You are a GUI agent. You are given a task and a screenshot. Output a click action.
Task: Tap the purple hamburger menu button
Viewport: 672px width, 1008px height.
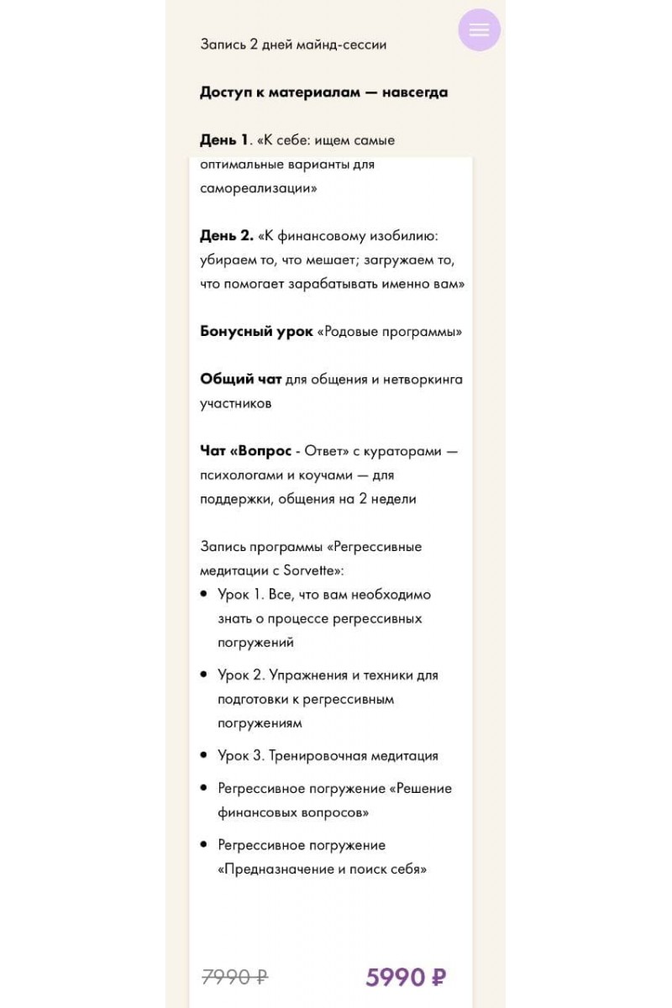(479, 30)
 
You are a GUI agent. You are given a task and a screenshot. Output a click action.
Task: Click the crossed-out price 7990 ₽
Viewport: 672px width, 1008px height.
(235, 977)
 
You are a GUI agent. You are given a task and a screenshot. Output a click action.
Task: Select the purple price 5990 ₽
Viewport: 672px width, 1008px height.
(406, 977)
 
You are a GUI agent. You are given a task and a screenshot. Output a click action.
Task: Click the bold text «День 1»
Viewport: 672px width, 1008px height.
(224, 139)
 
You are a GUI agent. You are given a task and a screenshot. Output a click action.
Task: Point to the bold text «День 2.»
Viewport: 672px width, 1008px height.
(227, 236)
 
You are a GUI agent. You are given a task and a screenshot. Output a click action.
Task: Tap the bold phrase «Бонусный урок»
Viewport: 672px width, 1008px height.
(256, 332)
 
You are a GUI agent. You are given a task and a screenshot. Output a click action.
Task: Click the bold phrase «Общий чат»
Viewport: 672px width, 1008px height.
(240, 380)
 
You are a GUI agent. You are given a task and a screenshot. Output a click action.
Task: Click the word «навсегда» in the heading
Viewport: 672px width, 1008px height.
(414, 92)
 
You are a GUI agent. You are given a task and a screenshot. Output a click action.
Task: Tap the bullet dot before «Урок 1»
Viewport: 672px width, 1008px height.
(204, 594)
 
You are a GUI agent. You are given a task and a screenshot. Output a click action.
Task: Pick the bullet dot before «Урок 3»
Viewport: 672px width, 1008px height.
(204, 755)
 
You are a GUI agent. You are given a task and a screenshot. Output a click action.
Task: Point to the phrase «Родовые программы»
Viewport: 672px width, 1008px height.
(390, 332)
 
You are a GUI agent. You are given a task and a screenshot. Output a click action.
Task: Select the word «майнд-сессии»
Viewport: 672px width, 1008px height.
(341, 45)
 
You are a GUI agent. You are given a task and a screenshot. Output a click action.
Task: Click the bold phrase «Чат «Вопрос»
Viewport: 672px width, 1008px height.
(245, 451)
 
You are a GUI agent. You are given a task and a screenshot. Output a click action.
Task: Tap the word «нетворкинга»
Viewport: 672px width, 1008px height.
(423, 380)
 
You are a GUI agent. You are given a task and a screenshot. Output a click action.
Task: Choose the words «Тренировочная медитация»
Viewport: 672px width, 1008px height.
(354, 755)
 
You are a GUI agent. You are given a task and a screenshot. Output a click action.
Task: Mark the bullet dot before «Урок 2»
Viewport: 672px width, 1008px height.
(204, 675)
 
